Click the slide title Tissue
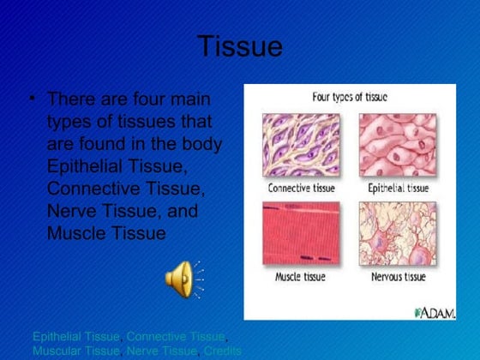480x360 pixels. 239,46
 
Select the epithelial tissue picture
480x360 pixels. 397,145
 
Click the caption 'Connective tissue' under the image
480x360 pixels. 302,187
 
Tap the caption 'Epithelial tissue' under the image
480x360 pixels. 397,187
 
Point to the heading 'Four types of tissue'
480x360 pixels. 349,97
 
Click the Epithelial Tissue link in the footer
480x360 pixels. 75,337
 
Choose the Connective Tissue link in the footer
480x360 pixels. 176,337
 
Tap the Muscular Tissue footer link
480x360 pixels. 75,351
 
